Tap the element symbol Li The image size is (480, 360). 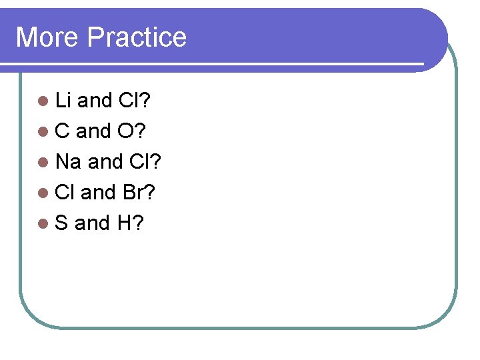click(x=63, y=101)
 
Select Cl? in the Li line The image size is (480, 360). click(x=134, y=101)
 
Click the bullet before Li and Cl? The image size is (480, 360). click(x=43, y=101)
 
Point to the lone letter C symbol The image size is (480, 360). click(x=63, y=131)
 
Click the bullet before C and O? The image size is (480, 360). click(x=43, y=132)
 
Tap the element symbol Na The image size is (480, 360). click(x=69, y=162)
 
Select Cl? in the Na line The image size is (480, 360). click(x=145, y=162)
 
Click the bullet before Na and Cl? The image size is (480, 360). click(x=43, y=163)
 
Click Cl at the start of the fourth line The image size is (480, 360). click(x=65, y=193)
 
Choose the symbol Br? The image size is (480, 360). click(x=139, y=193)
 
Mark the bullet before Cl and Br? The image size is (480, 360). click(x=43, y=193)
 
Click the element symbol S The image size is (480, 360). click(x=62, y=223)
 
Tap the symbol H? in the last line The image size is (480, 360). click(x=130, y=223)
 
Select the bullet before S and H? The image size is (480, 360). click(x=43, y=224)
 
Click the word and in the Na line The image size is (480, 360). click(x=105, y=162)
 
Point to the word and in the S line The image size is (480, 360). click(x=92, y=223)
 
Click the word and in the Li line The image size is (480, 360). click(x=94, y=101)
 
